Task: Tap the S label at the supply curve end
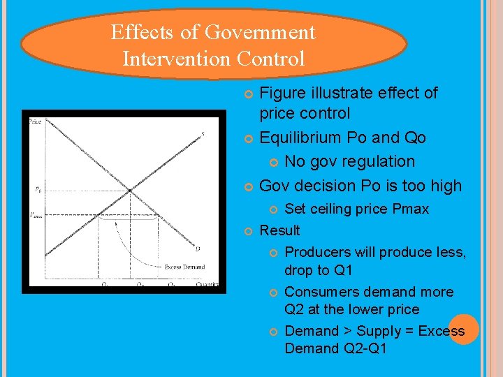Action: click(x=203, y=135)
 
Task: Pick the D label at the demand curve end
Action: click(x=198, y=248)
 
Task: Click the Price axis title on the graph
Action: click(x=35, y=122)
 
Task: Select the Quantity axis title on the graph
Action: click(x=207, y=284)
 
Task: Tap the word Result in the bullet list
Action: click(x=279, y=230)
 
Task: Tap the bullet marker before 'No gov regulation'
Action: click(x=274, y=162)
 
